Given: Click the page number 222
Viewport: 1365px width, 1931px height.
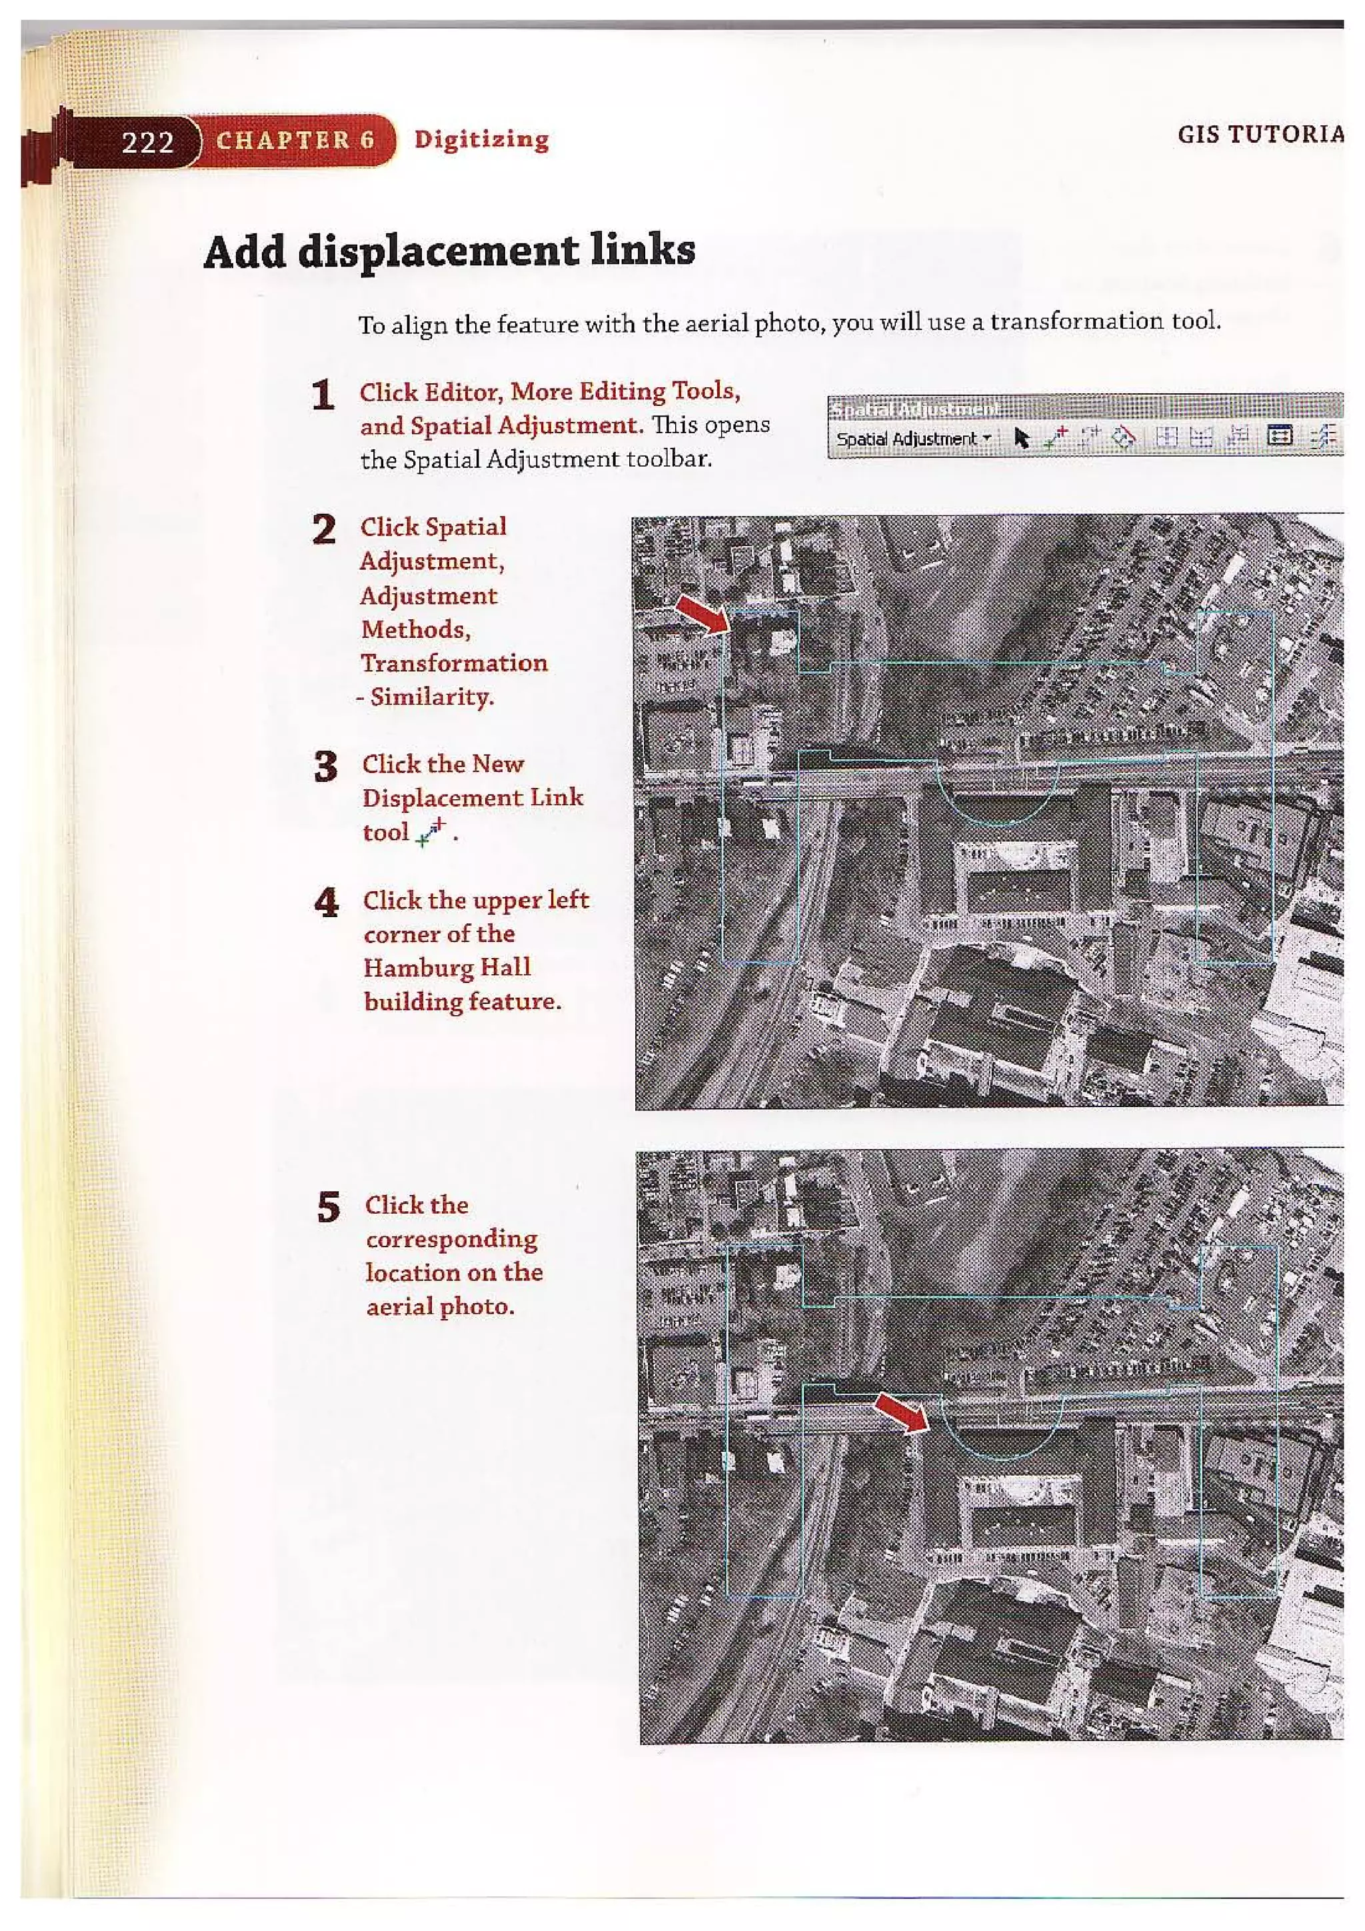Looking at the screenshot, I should click(147, 141).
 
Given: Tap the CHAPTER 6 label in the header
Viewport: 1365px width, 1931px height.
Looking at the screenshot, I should click(295, 139).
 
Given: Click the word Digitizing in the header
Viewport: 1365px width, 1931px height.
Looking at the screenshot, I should click(481, 139).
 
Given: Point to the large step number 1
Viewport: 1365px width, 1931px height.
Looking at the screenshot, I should click(323, 395).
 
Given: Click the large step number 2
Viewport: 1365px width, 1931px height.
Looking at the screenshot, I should click(324, 530).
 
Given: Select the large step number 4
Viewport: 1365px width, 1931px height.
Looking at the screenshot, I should click(327, 903).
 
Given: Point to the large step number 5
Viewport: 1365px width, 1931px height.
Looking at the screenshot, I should click(329, 1208).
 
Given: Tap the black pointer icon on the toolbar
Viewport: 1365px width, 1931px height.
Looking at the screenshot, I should click(1022, 438).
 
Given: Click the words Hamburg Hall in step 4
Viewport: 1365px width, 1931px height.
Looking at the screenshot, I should click(447, 967).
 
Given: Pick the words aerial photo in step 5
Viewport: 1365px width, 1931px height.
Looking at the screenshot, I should click(439, 1307).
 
